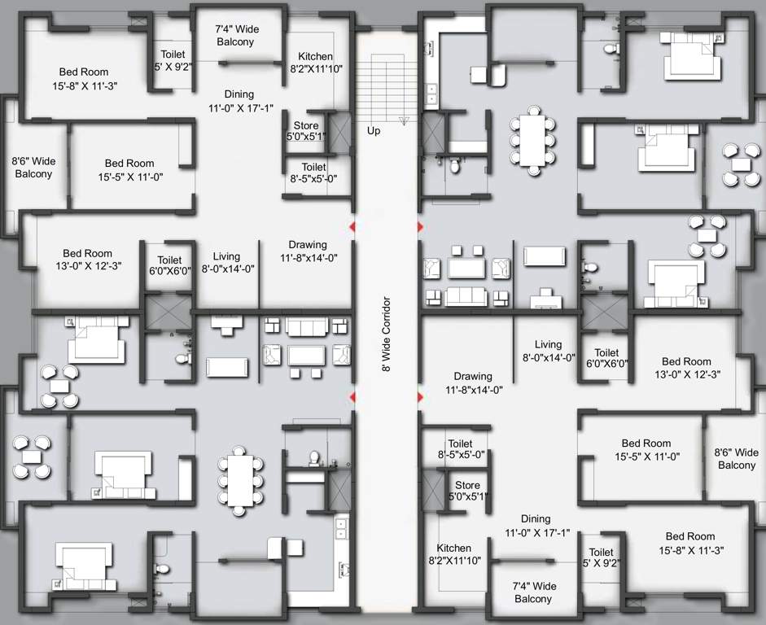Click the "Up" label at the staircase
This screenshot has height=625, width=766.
tap(374, 130)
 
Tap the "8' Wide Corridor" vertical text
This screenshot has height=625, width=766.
tap(387, 334)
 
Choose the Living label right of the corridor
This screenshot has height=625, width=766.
tap(548, 350)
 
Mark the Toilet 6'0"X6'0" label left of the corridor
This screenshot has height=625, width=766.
tap(169, 266)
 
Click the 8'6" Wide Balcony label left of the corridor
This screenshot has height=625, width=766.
tap(33, 168)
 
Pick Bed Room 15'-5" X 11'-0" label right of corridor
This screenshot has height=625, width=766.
tap(646, 450)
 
